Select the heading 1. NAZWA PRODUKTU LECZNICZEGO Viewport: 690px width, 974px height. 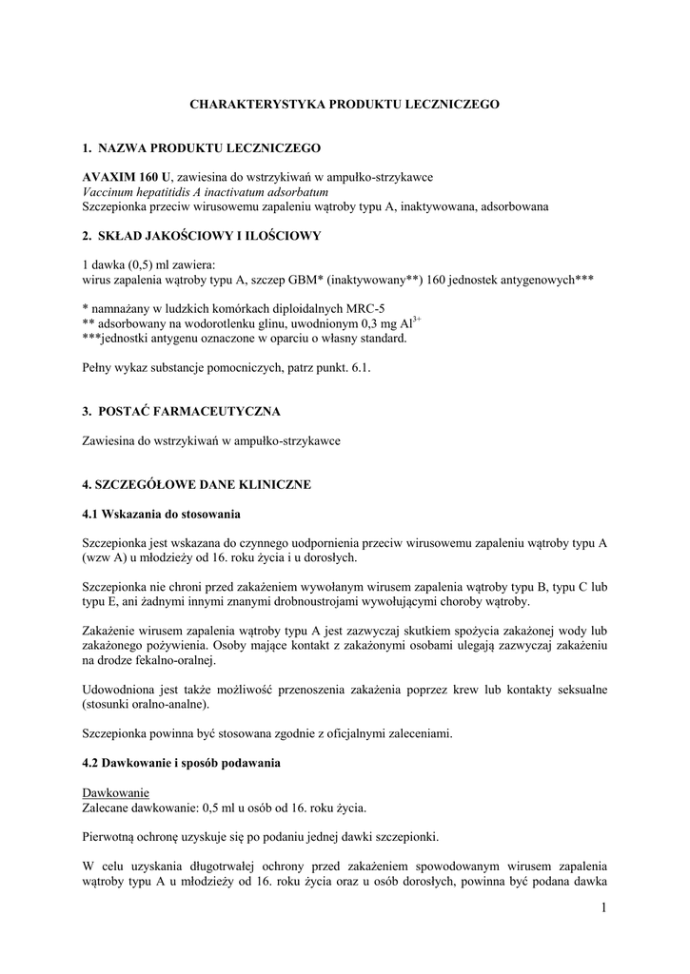pos(202,148)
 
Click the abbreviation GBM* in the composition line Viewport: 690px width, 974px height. pos(302,280)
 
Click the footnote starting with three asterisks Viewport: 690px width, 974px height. pos(245,338)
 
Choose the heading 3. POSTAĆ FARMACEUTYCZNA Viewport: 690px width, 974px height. pos(181,411)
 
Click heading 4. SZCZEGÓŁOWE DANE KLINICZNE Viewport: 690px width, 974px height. pos(197,484)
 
